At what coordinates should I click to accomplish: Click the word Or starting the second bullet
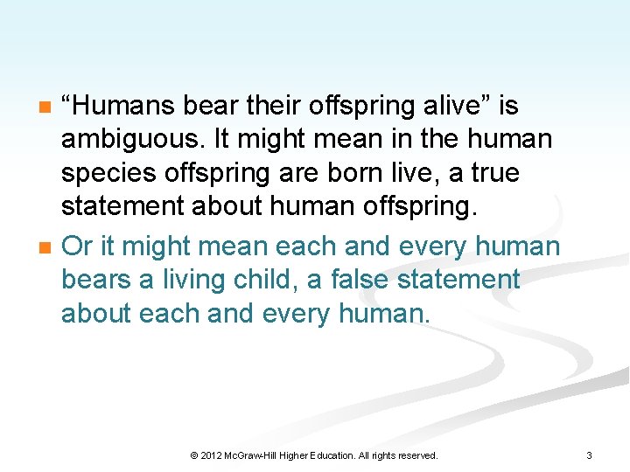(x=76, y=246)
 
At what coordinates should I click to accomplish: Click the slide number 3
(x=589, y=455)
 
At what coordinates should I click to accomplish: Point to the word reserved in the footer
(x=416, y=455)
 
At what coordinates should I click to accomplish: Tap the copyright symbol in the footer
(x=194, y=455)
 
